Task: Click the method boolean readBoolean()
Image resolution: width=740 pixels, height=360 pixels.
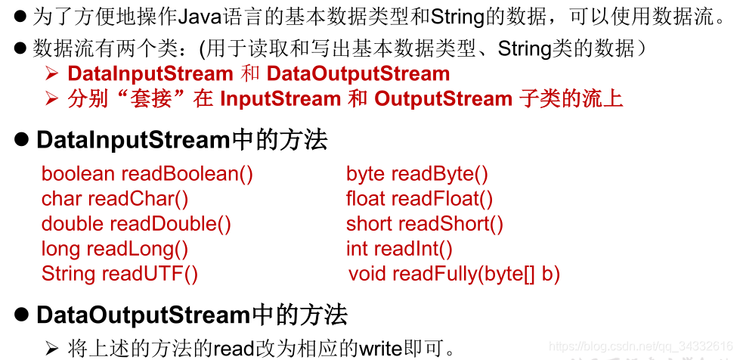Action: coord(147,174)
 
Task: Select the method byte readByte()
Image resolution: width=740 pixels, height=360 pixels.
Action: coord(417,174)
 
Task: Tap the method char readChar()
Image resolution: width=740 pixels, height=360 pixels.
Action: coord(115,199)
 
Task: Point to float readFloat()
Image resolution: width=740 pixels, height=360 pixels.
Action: coord(420,199)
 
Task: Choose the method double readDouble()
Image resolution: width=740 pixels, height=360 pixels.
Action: coord(136,224)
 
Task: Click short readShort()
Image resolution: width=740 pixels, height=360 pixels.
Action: coord(425,224)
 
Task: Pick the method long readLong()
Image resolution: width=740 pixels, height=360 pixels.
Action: coord(115,249)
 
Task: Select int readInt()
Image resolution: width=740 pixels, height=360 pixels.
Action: coord(399,249)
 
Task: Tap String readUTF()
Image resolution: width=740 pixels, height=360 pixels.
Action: coord(119,274)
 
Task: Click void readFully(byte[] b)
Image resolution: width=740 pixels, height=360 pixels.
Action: coord(454,274)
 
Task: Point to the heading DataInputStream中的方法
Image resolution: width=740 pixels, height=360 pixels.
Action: coord(181,141)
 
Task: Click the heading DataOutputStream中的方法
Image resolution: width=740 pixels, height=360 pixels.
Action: coord(191,315)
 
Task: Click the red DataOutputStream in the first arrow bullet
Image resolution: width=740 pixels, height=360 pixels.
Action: coord(358,74)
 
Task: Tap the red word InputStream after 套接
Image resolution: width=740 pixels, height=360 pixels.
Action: coord(280,99)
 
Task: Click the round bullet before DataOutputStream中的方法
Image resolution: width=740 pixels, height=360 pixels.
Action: coord(23,315)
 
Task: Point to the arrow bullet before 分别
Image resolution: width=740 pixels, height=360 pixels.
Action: coord(51,99)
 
